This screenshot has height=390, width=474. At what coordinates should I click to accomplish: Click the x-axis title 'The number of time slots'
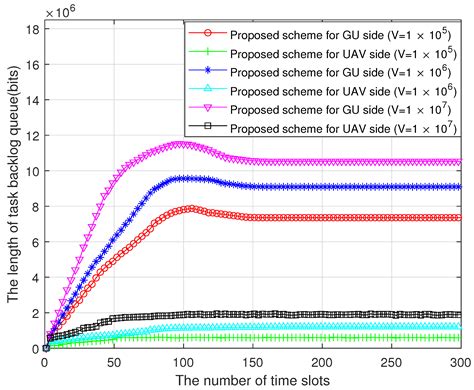254,381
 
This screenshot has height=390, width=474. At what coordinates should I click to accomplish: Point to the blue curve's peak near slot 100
185,178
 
